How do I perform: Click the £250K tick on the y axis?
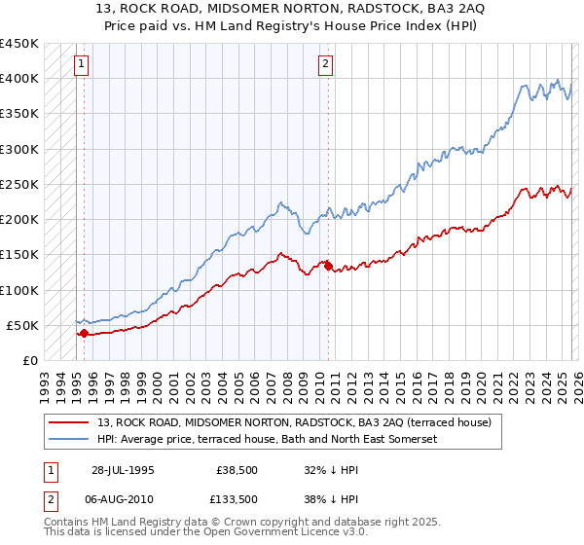pyautogui.click(x=19, y=184)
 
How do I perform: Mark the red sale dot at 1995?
pyautogui.click(x=84, y=333)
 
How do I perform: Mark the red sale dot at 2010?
pyautogui.click(x=328, y=265)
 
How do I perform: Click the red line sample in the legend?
pyautogui.click(x=70, y=423)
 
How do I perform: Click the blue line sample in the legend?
pyautogui.click(x=70, y=440)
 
